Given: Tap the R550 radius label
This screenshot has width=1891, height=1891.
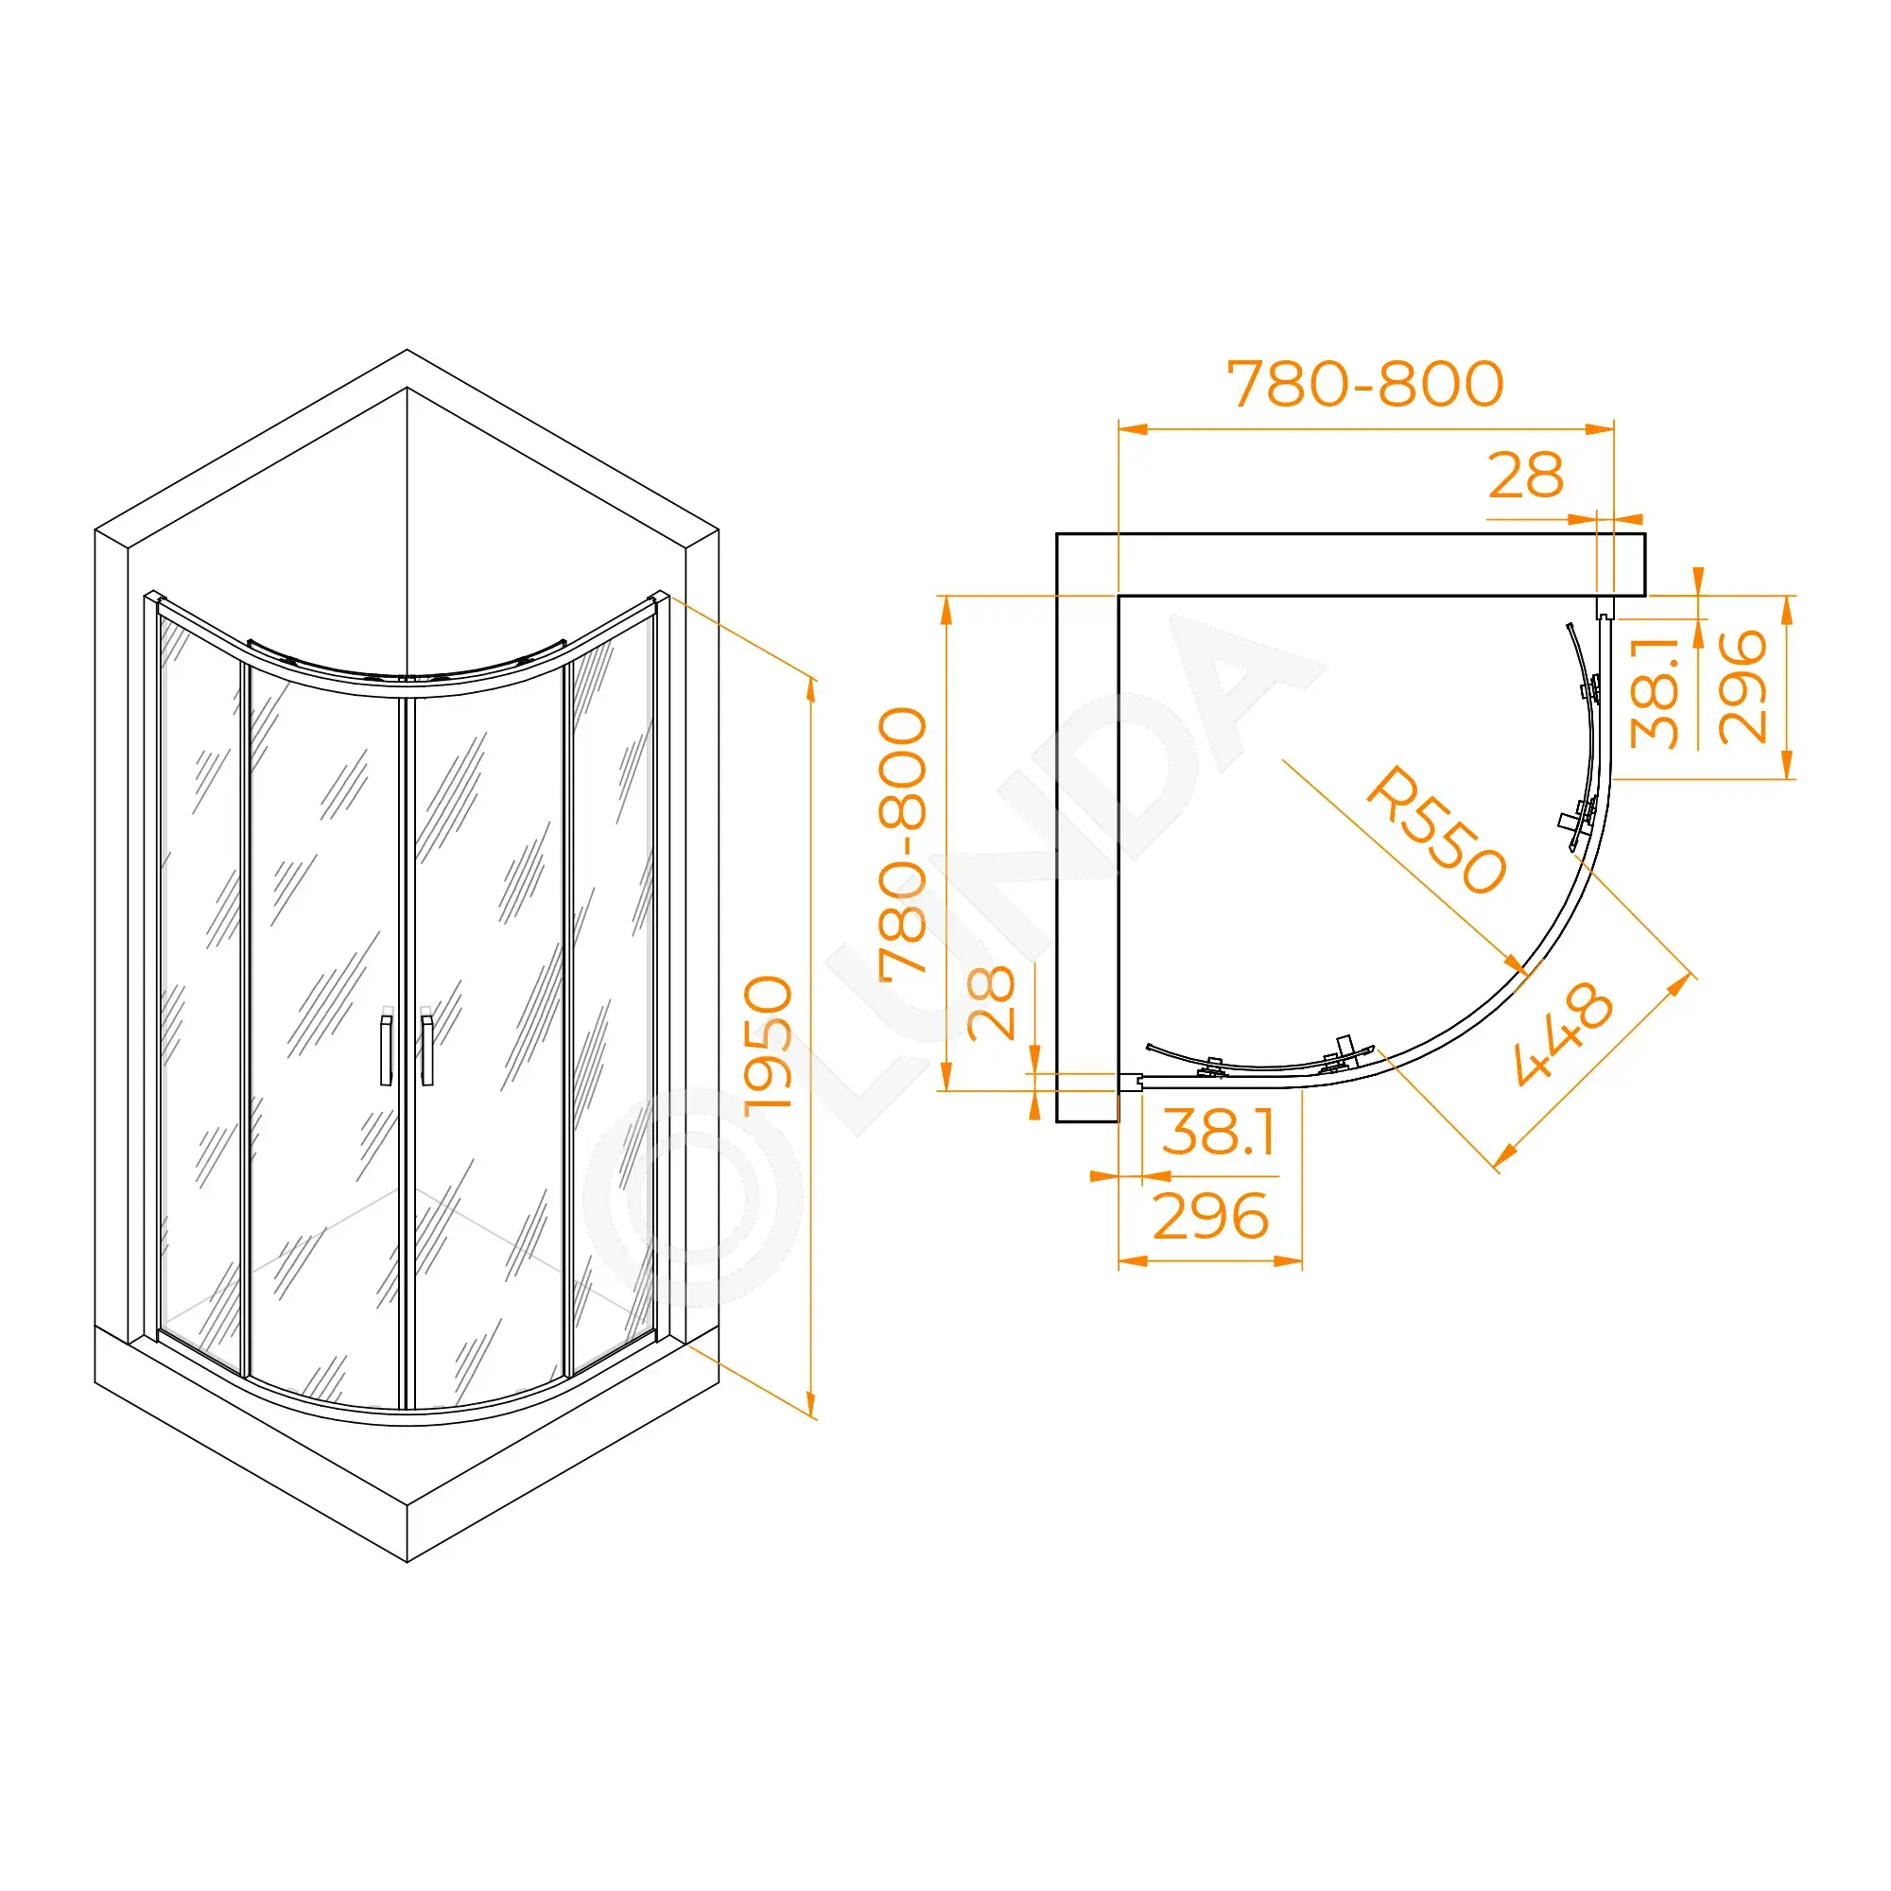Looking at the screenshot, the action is [1435, 830].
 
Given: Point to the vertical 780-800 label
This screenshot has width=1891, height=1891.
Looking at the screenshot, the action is [902, 842].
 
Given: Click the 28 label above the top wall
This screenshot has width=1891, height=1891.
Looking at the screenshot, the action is [1526, 476].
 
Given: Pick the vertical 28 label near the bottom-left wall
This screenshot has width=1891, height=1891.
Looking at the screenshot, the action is [991, 1002].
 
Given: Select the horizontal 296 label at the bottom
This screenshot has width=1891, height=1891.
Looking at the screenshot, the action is [1211, 1217].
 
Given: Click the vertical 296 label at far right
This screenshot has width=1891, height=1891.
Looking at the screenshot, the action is [1743, 687].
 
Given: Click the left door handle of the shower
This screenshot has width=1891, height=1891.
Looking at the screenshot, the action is [387, 1050].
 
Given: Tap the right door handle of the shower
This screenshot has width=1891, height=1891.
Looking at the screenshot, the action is [426, 1050].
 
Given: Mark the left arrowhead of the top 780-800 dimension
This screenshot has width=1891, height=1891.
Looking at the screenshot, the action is [1134, 428].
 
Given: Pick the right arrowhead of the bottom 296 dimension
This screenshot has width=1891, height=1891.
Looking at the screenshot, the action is [1288, 1261].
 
